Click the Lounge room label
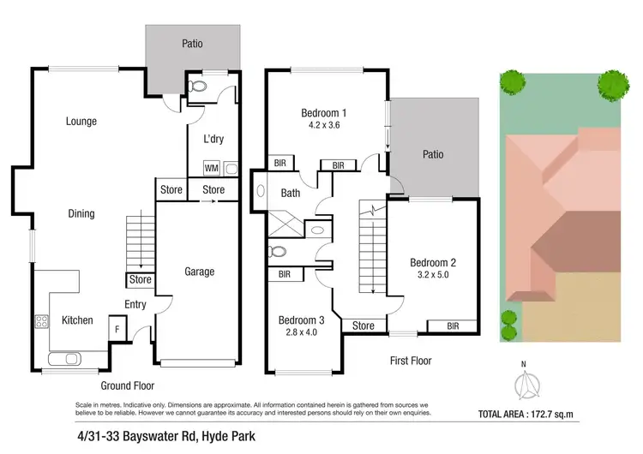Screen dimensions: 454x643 click(81, 122)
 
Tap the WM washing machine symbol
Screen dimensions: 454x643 click(211, 168)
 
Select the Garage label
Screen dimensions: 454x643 click(199, 272)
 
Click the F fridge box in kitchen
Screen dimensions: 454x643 click(117, 327)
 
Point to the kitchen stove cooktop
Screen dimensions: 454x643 click(40, 322)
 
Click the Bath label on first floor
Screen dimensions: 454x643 click(291, 193)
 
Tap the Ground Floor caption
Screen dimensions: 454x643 click(127, 386)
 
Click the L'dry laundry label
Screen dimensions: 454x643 click(213, 139)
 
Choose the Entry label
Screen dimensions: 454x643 click(135, 304)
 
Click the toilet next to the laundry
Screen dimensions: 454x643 click(198, 87)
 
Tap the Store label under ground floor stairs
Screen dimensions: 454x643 click(139, 280)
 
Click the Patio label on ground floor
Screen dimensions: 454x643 click(191, 44)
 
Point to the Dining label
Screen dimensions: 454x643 click(81, 213)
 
